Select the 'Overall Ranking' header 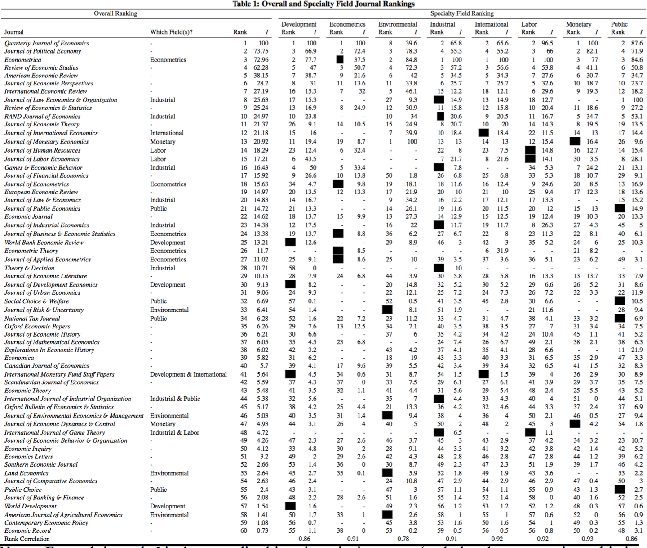click(x=115, y=13)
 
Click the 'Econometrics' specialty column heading click(x=347, y=24)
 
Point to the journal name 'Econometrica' click(x=23, y=60)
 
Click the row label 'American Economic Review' click(x=41, y=76)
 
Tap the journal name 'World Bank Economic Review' click(x=44, y=243)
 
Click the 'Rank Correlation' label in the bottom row click(x=27, y=539)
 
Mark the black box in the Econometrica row click(x=340, y=60)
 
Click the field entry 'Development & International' click(x=188, y=374)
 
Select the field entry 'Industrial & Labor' click(x=174, y=433)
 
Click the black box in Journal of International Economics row click(x=483, y=133)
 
